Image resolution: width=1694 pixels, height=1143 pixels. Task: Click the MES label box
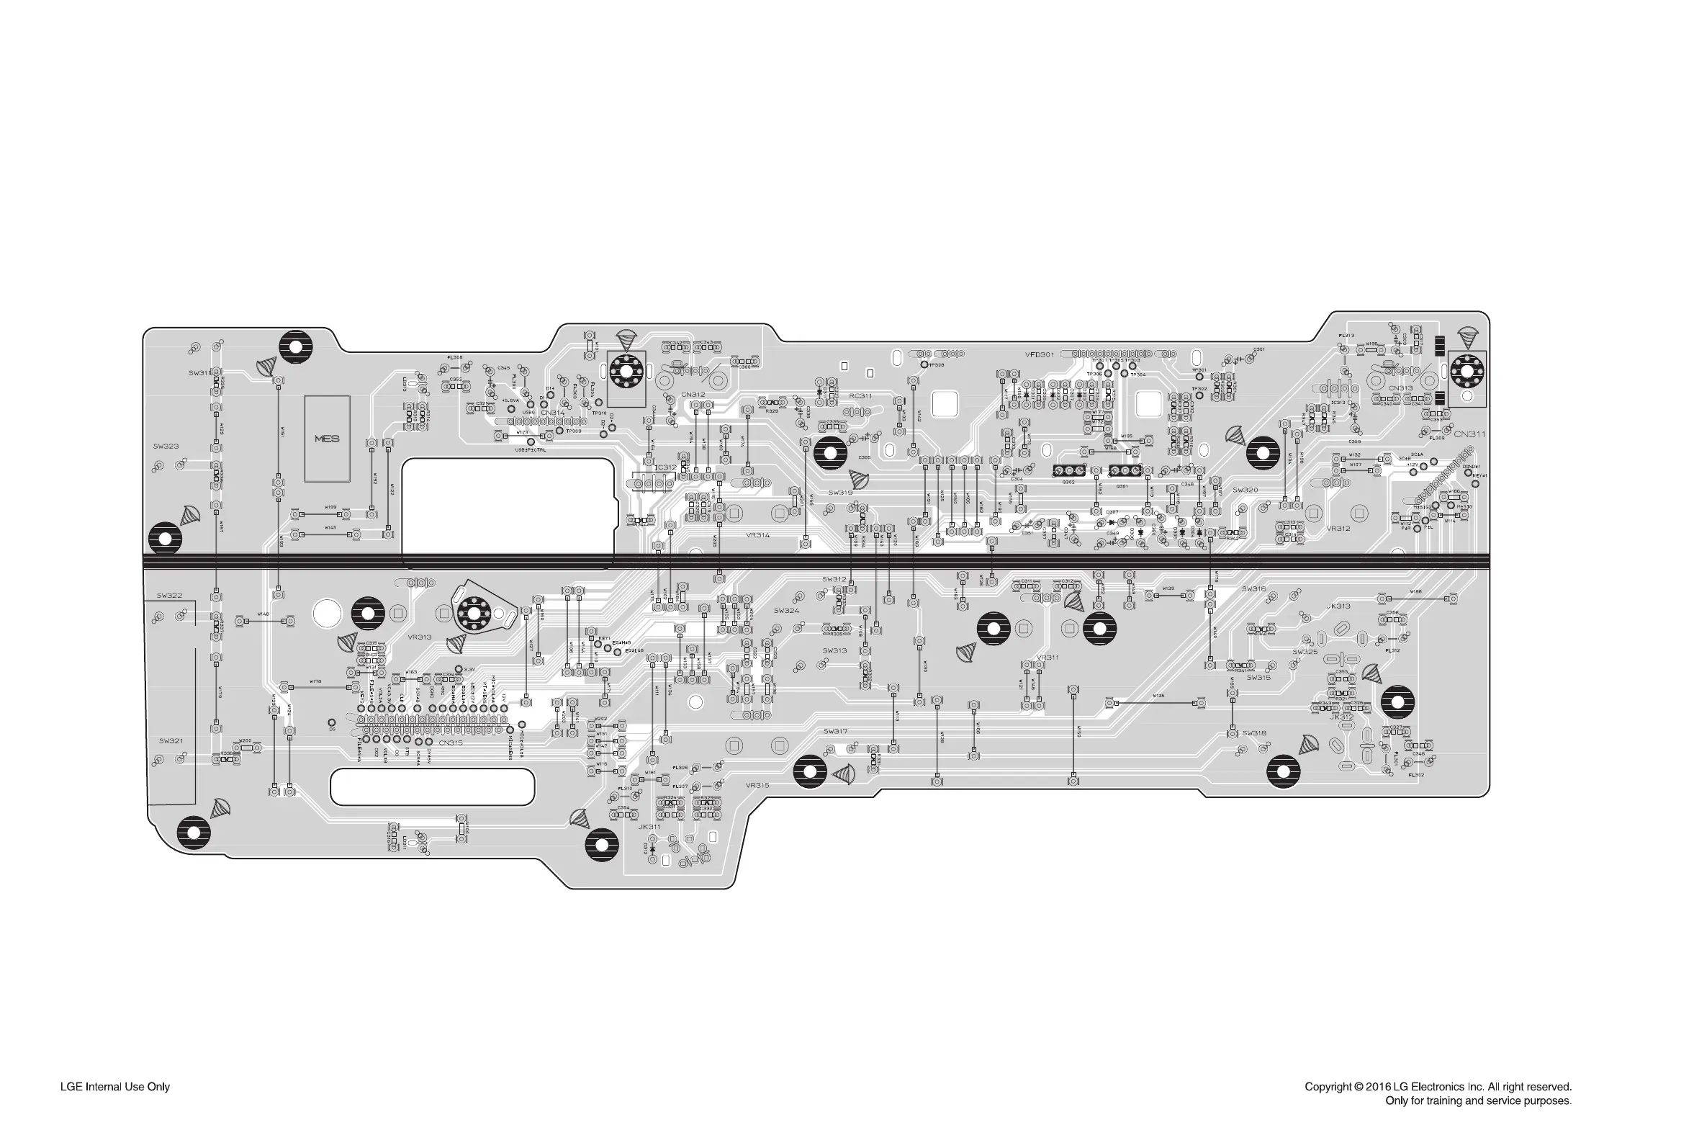[x=326, y=439]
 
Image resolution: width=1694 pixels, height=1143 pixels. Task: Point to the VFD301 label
[x=1039, y=355]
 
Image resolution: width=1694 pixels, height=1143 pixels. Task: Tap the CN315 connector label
[x=450, y=743]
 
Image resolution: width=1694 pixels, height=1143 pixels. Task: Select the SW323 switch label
[x=166, y=446]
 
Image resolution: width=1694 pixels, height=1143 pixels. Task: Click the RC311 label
[x=860, y=396]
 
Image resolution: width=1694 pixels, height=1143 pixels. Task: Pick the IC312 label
[x=665, y=467]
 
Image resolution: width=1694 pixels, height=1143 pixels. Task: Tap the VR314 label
[x=757, y=535]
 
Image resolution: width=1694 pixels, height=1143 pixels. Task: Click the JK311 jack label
[x=649, y=827]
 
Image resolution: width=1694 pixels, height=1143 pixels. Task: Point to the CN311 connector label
[x=1469, y=434]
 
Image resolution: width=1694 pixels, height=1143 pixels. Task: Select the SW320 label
[x=1245, y=490]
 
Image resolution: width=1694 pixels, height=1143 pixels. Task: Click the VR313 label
[x=420, y=637]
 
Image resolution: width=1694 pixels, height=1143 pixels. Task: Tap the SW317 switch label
[x=835, y=731]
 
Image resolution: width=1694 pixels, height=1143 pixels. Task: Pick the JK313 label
[x=1338, y=606]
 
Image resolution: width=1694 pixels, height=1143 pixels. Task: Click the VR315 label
[x=757, y=785]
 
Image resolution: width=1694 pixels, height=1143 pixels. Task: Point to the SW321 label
[x=171, y=740]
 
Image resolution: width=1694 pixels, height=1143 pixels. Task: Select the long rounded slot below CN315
[x=432, y=786]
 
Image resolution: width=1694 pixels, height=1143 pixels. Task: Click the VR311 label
[x=1047, y=658]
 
